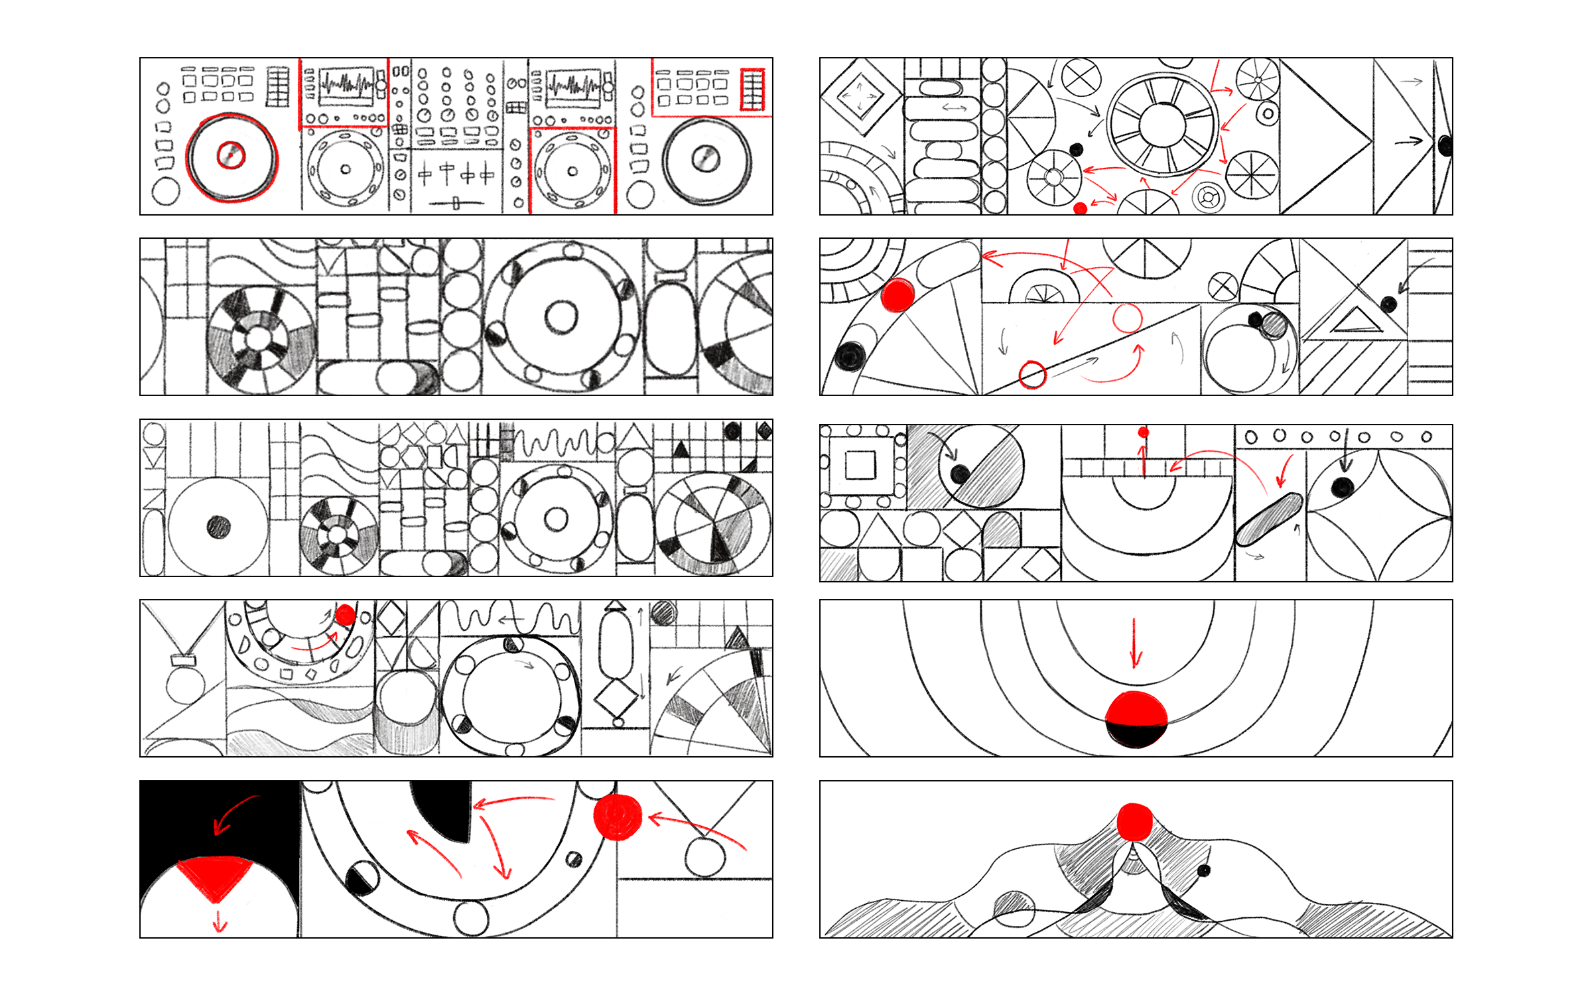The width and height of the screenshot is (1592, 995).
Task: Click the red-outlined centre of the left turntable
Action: [x=231, y=156]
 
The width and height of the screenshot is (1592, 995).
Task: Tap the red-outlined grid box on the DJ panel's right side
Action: [x=752, y=89]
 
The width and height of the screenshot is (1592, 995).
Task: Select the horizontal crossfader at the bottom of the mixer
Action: [x=456, y=203]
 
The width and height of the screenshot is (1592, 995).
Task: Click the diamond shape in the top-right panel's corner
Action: [x=860, y=97]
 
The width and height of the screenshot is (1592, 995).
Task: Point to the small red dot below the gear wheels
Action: [x=1080, y=208]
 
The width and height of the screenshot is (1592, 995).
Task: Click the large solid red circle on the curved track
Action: [x=898, y=295]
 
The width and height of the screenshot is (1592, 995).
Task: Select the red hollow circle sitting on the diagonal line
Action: [x=1032, y=375]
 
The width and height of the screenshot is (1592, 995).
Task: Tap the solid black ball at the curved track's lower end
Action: [x=849, y=356]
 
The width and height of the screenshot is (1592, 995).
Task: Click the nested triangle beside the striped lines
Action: [x=1357, y=318]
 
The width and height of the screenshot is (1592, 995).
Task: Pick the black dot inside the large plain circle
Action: [x=218, y=527]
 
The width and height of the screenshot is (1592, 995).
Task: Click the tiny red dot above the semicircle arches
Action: [x=1144, y=432]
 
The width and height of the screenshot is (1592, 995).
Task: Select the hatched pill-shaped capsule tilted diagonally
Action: [x=1269, y=519]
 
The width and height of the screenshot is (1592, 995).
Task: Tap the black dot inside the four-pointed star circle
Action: [x=1342, y=487]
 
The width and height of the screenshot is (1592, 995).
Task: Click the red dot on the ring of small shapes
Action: [x=345, y=615]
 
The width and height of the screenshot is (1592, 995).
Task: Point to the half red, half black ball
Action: [x=1136, y=719]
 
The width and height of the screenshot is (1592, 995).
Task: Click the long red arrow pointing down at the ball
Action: [x=1135, y=642]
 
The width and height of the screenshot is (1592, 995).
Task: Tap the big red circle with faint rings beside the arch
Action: [x=618, y=817]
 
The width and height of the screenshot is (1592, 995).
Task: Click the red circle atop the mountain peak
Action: [x=1134, y=822]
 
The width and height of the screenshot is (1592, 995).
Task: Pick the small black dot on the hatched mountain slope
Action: [x=1204, y=870]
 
